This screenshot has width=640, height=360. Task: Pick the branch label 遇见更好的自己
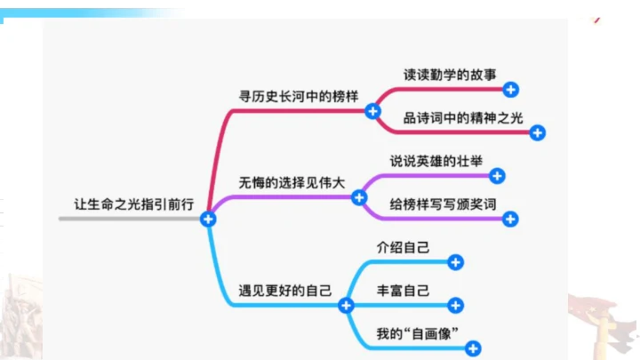click(285, 290)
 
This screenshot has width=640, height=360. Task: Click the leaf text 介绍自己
click(403, 247)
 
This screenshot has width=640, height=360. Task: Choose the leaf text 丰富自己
click(403, 290)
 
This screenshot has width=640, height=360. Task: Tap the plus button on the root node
click(208, 219)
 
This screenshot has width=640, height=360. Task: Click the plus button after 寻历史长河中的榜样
click(373, 111)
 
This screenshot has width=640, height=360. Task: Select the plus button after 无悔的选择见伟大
click(360, 197)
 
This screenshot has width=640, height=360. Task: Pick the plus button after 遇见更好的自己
click(347, 305)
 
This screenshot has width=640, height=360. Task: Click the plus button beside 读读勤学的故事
click(510, 89)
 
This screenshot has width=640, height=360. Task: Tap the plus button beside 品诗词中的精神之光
click(537, 132)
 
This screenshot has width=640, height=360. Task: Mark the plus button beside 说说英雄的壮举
click(498, 176)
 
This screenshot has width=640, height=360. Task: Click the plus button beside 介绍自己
click(455, 262)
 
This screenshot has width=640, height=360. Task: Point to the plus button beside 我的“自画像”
click(473, 348)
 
